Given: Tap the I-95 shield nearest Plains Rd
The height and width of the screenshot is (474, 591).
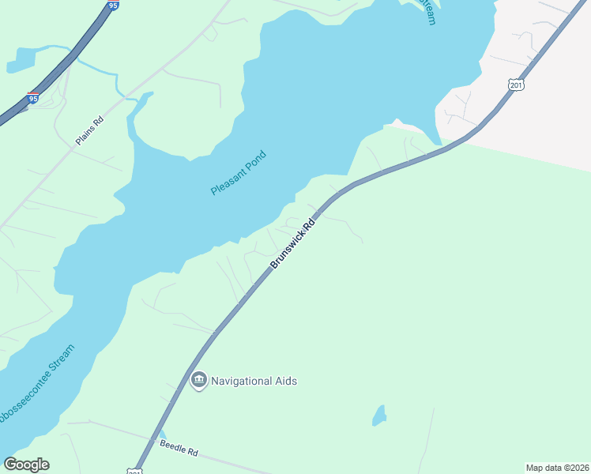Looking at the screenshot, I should [32, 99].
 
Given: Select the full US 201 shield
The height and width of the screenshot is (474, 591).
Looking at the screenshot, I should [516, 85].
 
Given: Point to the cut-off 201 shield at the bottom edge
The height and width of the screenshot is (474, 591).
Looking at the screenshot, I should [134, 470].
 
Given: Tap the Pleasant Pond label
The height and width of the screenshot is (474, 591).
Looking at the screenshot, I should [239, 174].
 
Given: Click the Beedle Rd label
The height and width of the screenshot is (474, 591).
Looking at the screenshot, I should [179, 450].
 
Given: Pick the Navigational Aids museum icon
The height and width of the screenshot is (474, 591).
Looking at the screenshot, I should [198, 381].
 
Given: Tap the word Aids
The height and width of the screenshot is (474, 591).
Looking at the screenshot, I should [286, 381].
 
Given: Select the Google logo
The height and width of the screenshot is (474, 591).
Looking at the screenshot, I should [27, 465].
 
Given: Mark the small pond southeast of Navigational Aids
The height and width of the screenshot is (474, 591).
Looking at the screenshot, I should [380, 416].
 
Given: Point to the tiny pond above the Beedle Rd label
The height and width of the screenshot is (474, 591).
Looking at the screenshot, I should [163, 434].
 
